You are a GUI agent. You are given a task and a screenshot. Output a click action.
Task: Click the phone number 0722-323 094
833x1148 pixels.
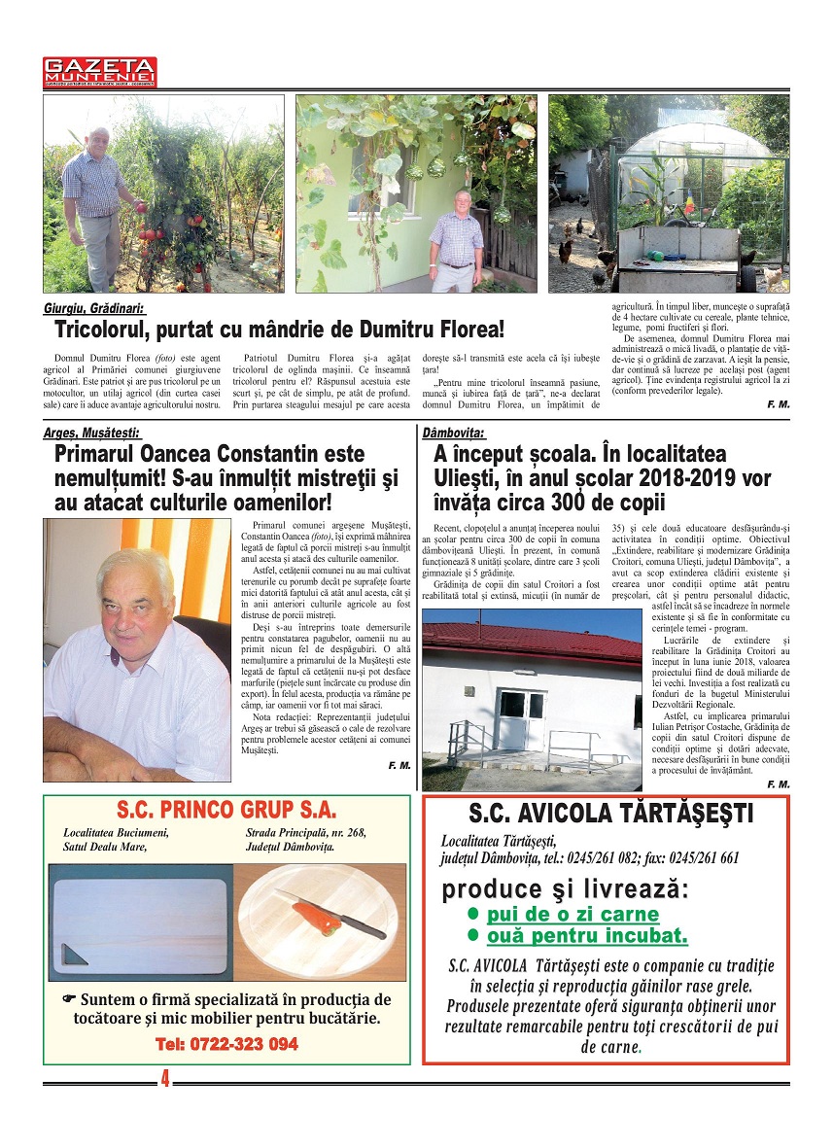point(226,1045)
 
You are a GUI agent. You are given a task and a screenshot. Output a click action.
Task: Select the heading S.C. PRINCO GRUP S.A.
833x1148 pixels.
point(226,811)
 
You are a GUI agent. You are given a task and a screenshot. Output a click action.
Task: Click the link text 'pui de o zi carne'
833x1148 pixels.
point(573,914)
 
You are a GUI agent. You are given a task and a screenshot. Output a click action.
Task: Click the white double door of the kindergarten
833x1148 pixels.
point(519,718)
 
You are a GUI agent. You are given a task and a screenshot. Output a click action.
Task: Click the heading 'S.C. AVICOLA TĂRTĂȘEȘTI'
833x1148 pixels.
point(610,814)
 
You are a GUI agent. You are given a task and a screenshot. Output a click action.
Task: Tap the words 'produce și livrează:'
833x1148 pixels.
point(565,889)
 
